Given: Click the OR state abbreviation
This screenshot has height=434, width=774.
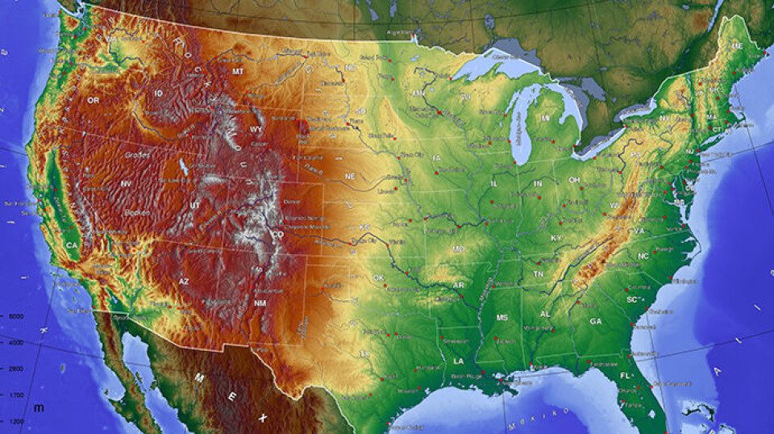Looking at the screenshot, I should pos(94,100).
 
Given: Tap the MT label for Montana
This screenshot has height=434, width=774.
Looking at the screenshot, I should pos(238,72).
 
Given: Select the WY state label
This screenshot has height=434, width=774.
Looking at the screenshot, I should pos(256,129).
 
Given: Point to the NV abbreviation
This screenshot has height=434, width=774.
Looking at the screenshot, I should pos(126,184).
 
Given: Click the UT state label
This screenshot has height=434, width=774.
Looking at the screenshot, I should pos(196,206).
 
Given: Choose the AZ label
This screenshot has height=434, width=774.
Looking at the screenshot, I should pos(183,282).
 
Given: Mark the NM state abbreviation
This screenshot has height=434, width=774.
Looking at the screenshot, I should pos(260,303).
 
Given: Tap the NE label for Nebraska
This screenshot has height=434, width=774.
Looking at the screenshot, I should pos(350,176).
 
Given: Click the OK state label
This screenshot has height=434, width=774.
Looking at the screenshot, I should pos(378,278).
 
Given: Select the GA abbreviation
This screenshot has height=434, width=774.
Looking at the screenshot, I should pos(595,321).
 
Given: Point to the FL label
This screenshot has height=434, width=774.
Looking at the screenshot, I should pos(626,376).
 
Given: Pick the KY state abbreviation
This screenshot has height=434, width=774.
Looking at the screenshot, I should pos(556,238).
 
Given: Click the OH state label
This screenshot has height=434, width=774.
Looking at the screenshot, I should pos(574,180).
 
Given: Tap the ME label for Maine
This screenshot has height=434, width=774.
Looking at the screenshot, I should pos(736,47).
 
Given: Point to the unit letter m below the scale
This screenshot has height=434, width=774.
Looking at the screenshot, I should pos(38,407).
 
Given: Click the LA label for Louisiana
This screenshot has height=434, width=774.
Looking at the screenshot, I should pos(458,361).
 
